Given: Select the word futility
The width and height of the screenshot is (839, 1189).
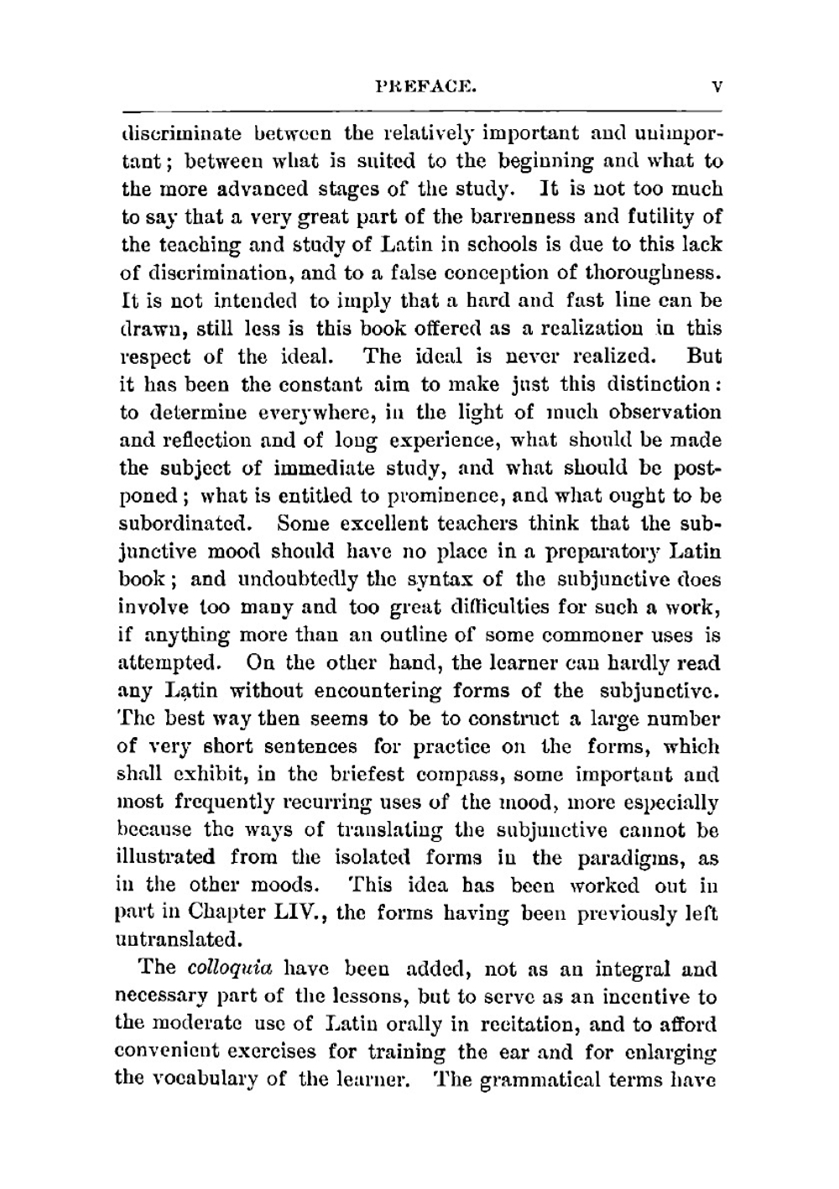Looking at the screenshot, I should [662, 217].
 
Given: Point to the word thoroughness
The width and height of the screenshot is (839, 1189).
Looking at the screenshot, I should [659, 273].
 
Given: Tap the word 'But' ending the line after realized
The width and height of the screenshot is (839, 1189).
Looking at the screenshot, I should [704, 356].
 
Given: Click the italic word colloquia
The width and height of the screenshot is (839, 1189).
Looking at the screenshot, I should [219, 968].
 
